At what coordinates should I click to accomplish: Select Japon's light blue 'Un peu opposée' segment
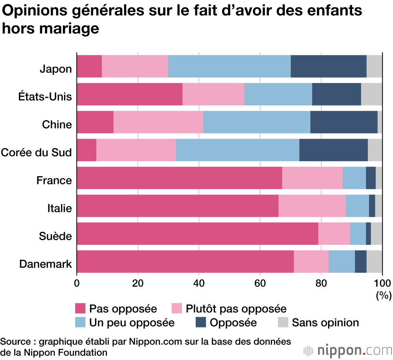tap(229, 67)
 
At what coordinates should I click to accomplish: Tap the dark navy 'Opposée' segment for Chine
tap(343, 122)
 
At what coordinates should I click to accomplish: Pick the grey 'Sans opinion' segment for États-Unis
tap(371, 94)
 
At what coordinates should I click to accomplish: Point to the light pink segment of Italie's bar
tap(312, 206)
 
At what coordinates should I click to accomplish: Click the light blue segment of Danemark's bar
tap(342, 262)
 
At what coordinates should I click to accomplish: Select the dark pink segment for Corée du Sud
tap(86, 150)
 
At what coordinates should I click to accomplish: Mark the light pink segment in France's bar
tap(312, 178)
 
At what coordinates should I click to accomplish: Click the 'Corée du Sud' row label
tap(37, 152)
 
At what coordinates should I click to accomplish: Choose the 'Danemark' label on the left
tap(46, 264)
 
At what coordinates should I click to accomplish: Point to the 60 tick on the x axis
tap(260, 283)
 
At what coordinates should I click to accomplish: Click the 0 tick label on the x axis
tap(77, 283)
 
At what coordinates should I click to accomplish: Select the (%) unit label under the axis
tap(384, 294)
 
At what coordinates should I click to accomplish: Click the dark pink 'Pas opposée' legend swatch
tap(80, 309)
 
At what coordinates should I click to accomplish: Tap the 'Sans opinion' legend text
tap(325, 323)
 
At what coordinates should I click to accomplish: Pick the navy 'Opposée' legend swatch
tap(200, 323)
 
